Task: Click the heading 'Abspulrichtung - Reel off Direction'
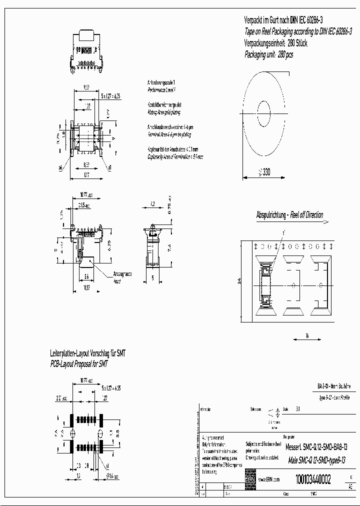coord(289,215)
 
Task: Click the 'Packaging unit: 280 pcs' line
coord(268,54)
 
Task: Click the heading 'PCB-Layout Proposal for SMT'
coord(79,364)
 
